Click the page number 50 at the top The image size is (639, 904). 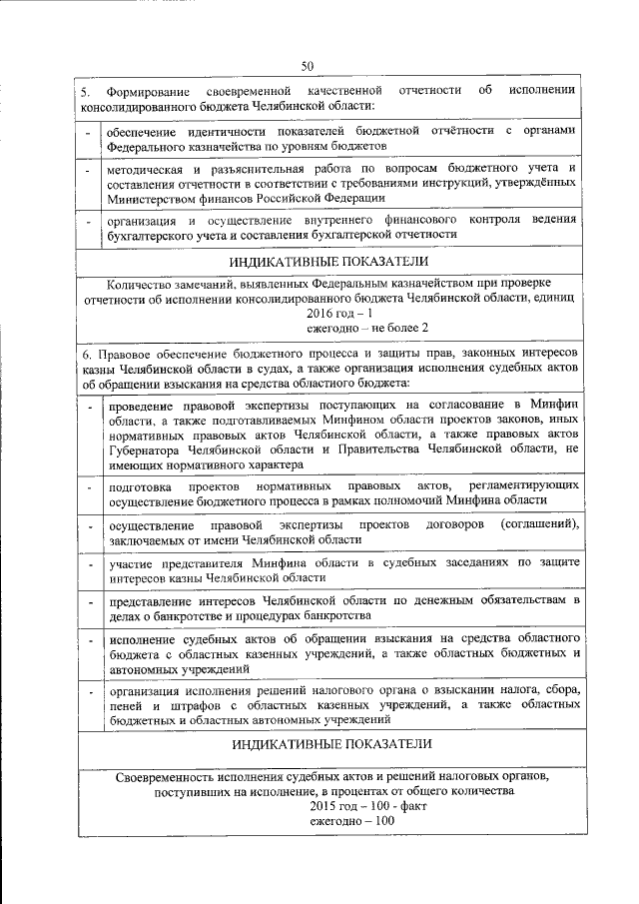(308, 66)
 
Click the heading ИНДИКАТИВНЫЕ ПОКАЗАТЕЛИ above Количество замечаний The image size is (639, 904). (329, 262)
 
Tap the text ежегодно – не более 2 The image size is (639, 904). (367, 327)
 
